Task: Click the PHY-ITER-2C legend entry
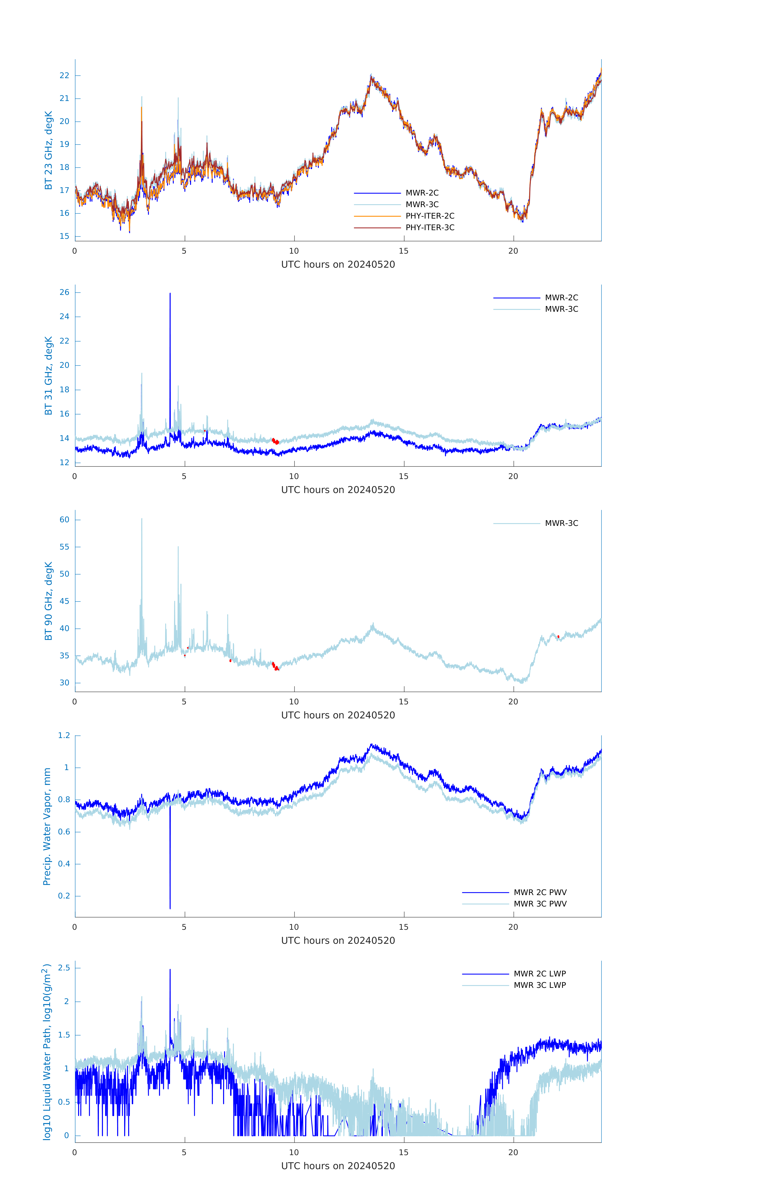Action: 430,216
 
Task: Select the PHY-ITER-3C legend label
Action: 430,227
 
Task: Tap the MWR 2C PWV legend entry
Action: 540,892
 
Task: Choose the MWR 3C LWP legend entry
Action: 540,985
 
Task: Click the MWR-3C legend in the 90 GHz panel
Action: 561,523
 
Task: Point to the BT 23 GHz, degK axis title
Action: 48,150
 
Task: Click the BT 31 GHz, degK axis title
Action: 48,375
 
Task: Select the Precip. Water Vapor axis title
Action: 47,826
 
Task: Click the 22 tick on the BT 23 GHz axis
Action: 64,75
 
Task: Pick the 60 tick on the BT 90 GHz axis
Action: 64,520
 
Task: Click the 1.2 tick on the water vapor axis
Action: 64,735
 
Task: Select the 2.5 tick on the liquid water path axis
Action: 64,967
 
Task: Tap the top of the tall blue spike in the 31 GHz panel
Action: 170,293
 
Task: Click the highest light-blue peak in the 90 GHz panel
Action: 142,519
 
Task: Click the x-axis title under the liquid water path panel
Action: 338,1166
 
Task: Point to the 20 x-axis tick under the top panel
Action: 513,251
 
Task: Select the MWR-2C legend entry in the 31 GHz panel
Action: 561,297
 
